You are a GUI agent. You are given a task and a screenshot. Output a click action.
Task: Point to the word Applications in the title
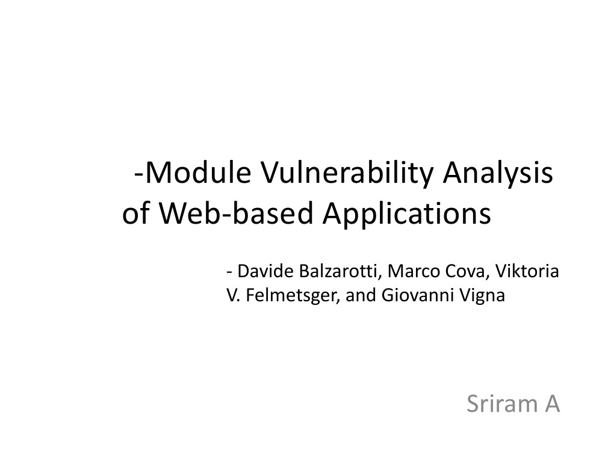pyautogui.click(x=407, y=214)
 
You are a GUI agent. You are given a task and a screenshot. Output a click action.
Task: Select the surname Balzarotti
pyautogui.click(x=339, y=271)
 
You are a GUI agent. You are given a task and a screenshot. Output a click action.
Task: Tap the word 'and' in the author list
pyautogui.click(x=360, y=296)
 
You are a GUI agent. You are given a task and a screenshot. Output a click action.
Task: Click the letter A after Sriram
pyautogui.click(x=552, y=404)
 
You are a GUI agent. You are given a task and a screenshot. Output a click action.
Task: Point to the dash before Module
pyautogui.click(x=139, y=176)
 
